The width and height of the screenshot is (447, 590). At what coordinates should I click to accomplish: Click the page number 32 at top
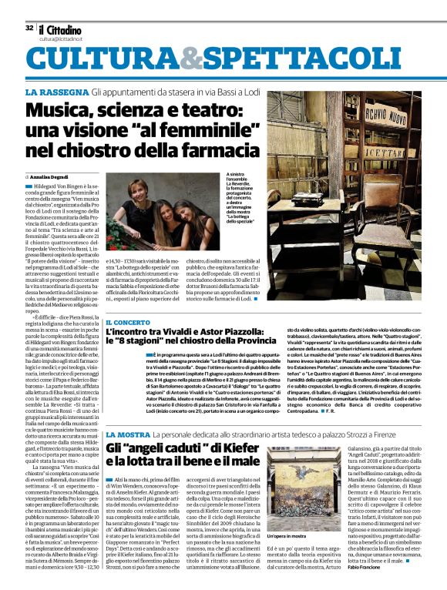point(29,28)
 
